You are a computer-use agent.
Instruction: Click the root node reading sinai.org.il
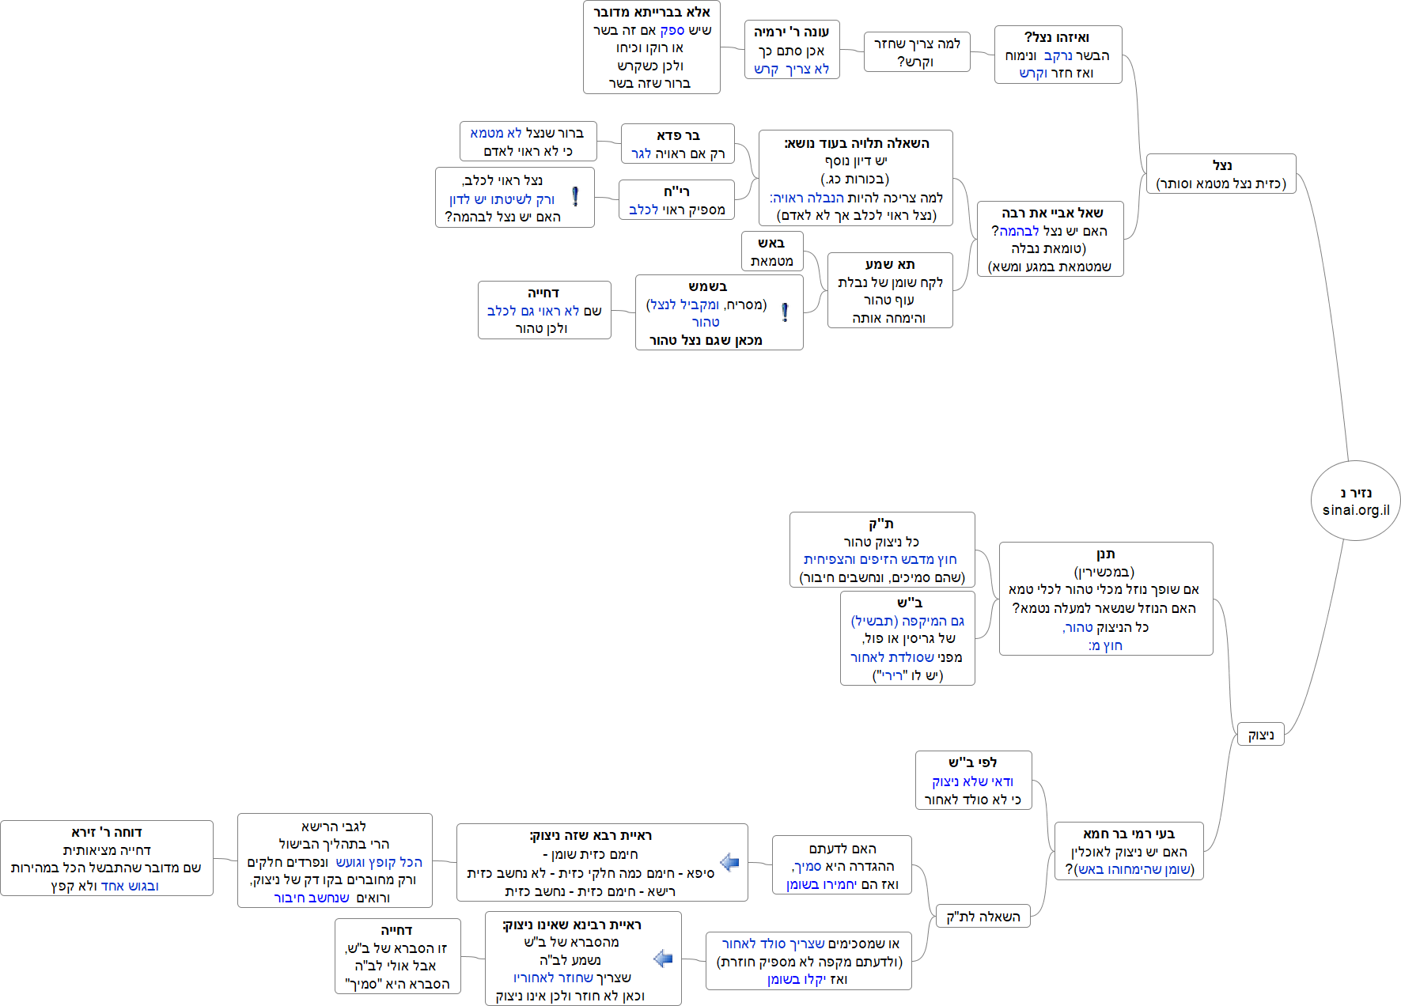pos(1355,501)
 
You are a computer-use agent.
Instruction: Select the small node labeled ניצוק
pos(1260,735)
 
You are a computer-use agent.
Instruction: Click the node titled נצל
pos(1221,174)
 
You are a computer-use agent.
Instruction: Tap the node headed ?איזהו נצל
pos(1058,55)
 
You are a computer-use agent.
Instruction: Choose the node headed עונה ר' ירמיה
pos(791,50)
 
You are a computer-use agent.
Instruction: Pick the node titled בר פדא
pos(677,144)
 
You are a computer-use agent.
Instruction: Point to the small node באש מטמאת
pos(771,251)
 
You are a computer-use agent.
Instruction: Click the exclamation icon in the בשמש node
pos(785,312)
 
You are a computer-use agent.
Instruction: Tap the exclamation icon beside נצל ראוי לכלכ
pos(575,196)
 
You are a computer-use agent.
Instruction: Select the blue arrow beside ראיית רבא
pos(729,862)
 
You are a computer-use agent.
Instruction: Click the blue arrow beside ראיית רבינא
pos(663,959)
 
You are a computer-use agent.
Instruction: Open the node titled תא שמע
pos(890,290)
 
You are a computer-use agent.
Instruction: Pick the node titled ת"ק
pos(881,550)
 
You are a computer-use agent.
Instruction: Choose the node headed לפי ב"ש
pos(973,781)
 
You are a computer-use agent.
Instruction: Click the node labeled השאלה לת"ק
pos(983,916)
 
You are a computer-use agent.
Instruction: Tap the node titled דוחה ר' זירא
pos(107,858)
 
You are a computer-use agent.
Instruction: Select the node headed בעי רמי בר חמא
pos(1128,851)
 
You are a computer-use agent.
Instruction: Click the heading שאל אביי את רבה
pos(1051,213)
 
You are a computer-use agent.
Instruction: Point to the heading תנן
pos(1105,554)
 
